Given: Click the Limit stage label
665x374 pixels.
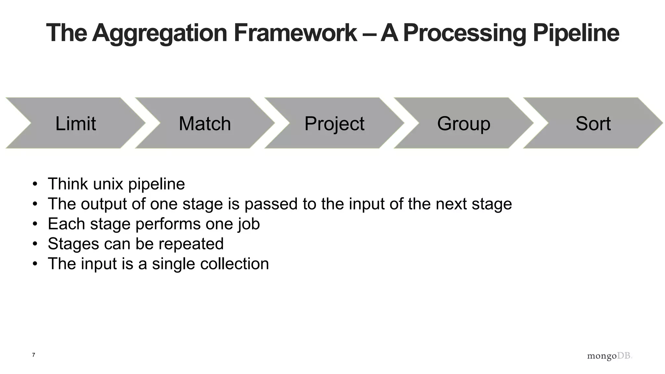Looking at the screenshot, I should [x=75, y=124].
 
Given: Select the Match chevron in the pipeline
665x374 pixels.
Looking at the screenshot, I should [x=205, y=124].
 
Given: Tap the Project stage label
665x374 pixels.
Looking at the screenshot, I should [x=334, y=124].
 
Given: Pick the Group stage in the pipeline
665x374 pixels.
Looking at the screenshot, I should [x=463, y=124].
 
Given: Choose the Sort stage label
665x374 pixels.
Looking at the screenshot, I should [x=593, y=124].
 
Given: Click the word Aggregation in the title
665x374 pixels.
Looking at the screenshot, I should [x=159, y=33].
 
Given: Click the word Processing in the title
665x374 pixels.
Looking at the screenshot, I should [x=464, y=33].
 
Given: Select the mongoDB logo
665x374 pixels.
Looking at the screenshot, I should [x=609, y=356].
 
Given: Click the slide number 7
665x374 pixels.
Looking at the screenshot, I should [x=33, y=355].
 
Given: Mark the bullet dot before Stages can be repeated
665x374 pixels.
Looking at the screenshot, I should [x=35, y=244].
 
